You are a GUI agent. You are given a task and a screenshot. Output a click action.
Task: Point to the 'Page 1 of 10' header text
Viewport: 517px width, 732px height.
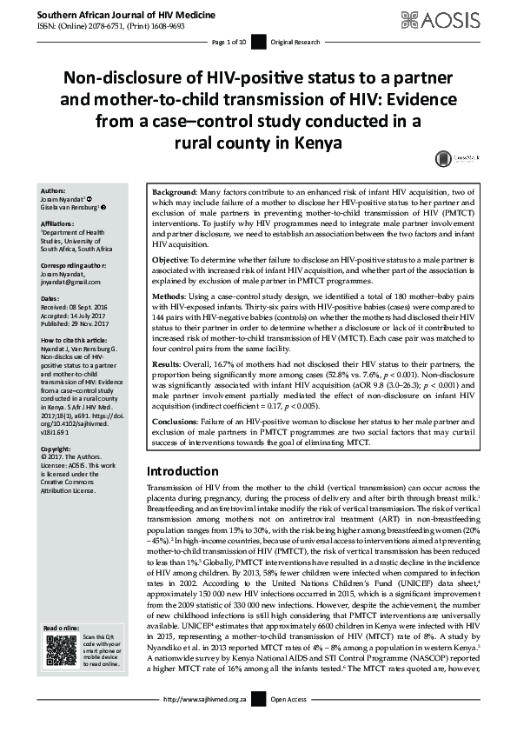[229, 42]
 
